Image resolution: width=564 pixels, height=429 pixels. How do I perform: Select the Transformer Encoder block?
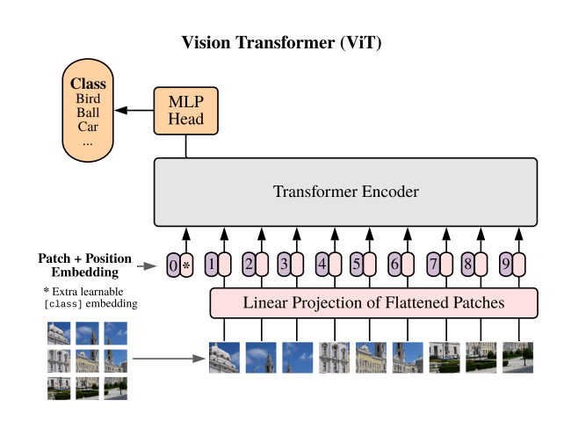tap(345, 192)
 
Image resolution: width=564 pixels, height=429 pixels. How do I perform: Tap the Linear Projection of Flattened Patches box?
tap(373, 303)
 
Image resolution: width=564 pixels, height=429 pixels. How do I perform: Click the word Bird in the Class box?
tap(88, 98)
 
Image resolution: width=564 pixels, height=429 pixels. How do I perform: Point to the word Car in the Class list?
tap(88, 127)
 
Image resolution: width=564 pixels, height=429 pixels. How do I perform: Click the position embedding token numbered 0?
tap(173, 263)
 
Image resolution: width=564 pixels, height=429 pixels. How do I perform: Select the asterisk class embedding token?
tap(185, 263)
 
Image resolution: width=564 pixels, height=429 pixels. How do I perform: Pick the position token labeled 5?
tap(357, 263)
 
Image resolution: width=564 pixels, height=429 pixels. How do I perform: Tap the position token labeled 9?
tap(504, 263)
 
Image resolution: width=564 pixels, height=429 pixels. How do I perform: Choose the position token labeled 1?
tap(211, 263)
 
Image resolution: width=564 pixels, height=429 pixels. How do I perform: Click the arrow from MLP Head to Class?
tap(134, 111)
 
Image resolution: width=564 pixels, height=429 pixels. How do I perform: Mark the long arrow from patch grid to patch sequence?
tap(167, 359)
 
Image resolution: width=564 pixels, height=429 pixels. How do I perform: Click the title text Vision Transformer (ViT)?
tap(281, 42)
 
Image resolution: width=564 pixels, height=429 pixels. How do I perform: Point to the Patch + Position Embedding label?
tap(84, 265)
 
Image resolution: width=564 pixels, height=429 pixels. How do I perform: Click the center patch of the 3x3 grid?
tap(87, 360)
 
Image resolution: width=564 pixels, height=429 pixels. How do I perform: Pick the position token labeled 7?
tap(432, 263)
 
